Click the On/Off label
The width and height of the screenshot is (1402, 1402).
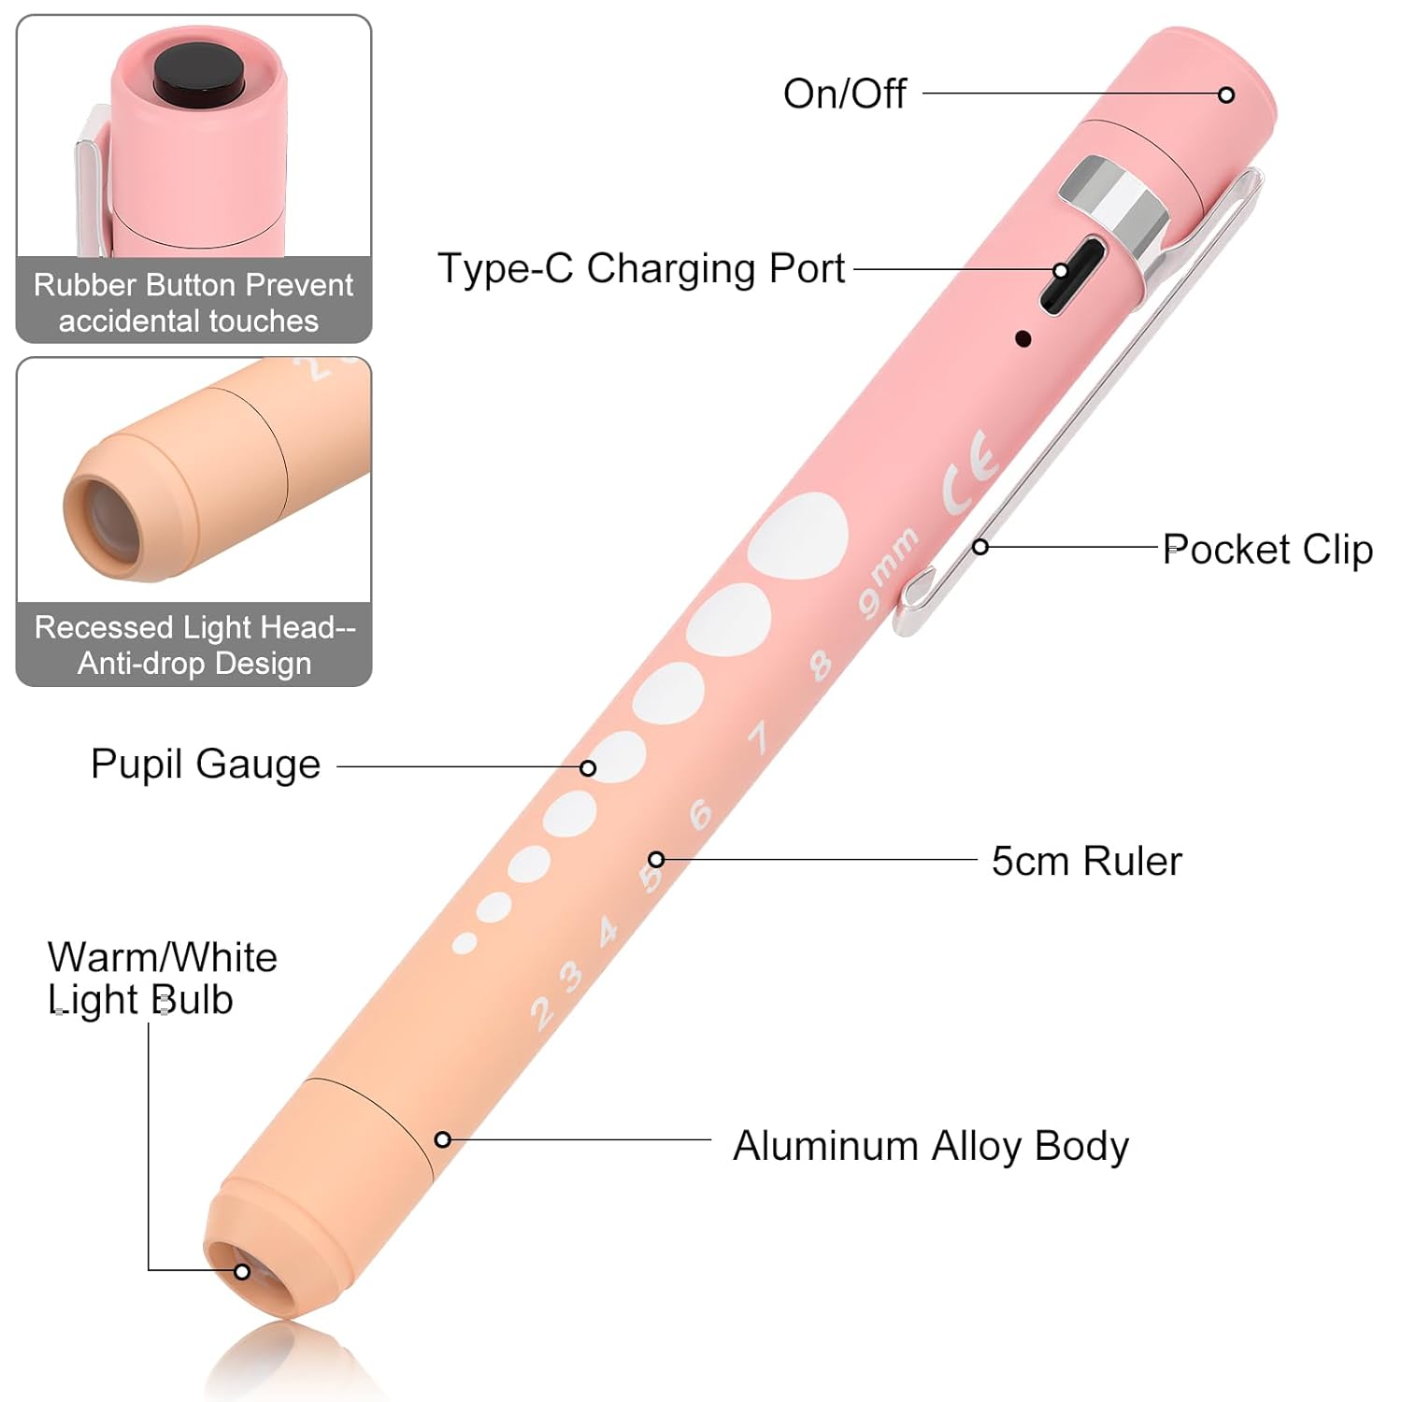tap(844, 93)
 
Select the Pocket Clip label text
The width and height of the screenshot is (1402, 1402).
tap(1267, 549)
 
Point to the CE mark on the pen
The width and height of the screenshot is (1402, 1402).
tap(971, 471)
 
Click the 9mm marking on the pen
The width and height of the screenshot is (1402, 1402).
tap(888, 572)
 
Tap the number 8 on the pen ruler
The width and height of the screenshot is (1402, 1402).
tap(820, 665)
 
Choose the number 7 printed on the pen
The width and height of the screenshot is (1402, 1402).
tap(759, 737)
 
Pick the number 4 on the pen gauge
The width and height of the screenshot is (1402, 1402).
tap(608, 930)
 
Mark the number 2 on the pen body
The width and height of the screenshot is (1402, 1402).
tap(541, 1013)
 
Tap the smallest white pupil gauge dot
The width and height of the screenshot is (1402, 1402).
tap(465, 943)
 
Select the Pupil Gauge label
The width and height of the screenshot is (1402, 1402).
tap(206, 765)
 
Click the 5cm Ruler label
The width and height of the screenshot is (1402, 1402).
tap(1086, 861)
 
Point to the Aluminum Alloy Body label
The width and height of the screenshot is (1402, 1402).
tap(931, 1146)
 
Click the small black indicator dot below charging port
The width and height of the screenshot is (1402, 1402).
tap(1023, 339)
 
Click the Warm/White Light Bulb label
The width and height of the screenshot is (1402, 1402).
tap(163, 979)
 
